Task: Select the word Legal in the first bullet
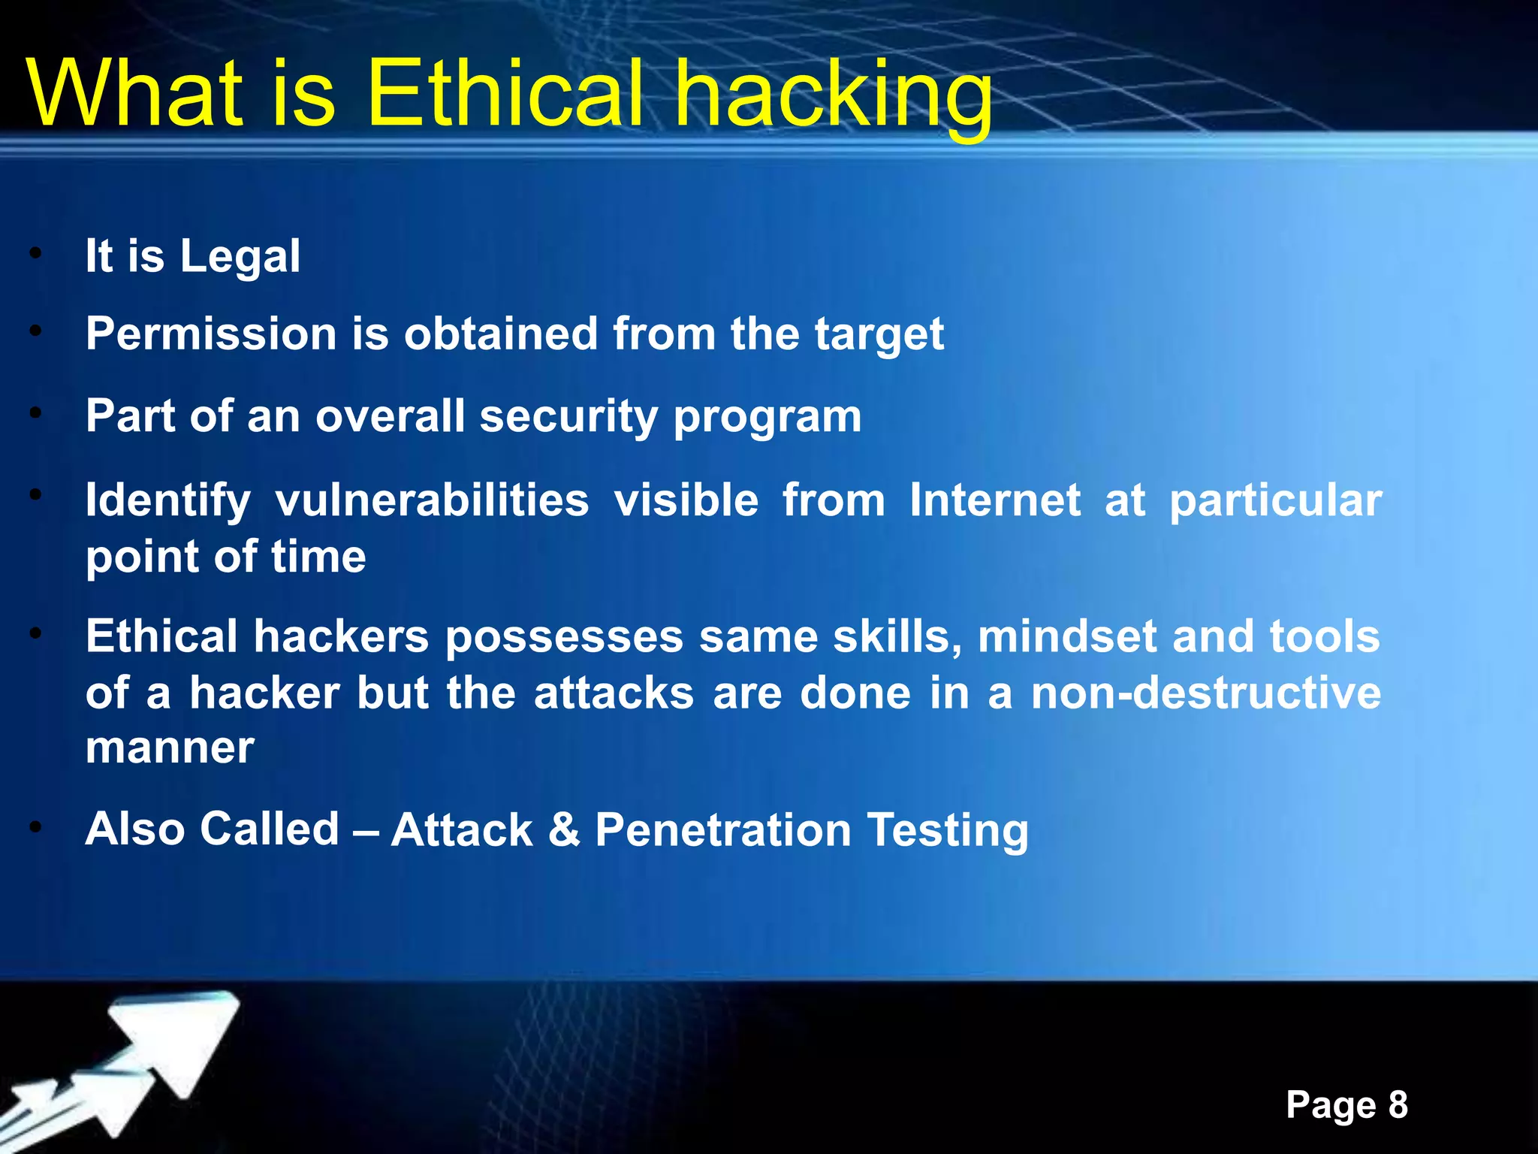point(240,256)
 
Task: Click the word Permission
point(211,334)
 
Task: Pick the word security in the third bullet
point(568,416)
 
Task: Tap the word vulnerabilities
point(432,500)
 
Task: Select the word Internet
point(995,500)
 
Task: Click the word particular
point(1275,502)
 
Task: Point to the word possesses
point(564,638)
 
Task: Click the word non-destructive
point(1205,693)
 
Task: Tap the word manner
point(170,748)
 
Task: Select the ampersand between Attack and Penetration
point(564,829)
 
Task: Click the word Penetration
point(722,829)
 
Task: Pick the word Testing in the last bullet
point(947,831)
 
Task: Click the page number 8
point(1398,1105)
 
